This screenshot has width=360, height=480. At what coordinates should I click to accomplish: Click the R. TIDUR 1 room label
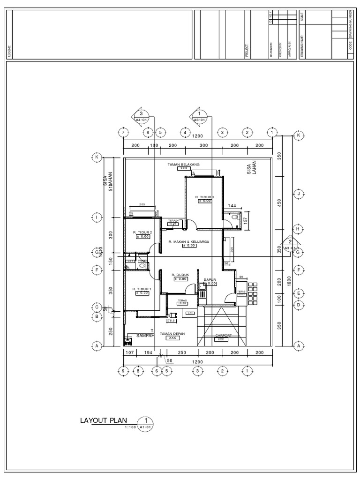point(141,289)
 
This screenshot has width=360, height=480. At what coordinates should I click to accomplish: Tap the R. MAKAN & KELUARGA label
point(188,241)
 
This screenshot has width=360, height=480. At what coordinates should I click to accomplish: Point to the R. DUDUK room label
point(179,275)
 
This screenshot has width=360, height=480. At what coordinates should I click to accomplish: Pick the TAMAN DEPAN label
point(172,334)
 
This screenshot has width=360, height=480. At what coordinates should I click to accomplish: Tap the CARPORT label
point(224,336)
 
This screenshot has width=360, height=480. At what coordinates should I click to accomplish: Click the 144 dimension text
point(232,206)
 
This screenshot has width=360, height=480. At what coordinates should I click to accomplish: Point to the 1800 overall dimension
point(290,281)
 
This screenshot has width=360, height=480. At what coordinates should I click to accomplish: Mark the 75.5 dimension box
point(172,321)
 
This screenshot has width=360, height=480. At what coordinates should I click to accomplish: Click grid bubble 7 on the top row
point(123,133)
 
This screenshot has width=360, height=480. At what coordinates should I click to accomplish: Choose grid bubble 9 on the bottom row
point(123,371)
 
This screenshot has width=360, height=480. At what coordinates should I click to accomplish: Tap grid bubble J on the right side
point(298,193)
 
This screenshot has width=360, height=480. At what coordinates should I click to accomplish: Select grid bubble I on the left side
point(97,217)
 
